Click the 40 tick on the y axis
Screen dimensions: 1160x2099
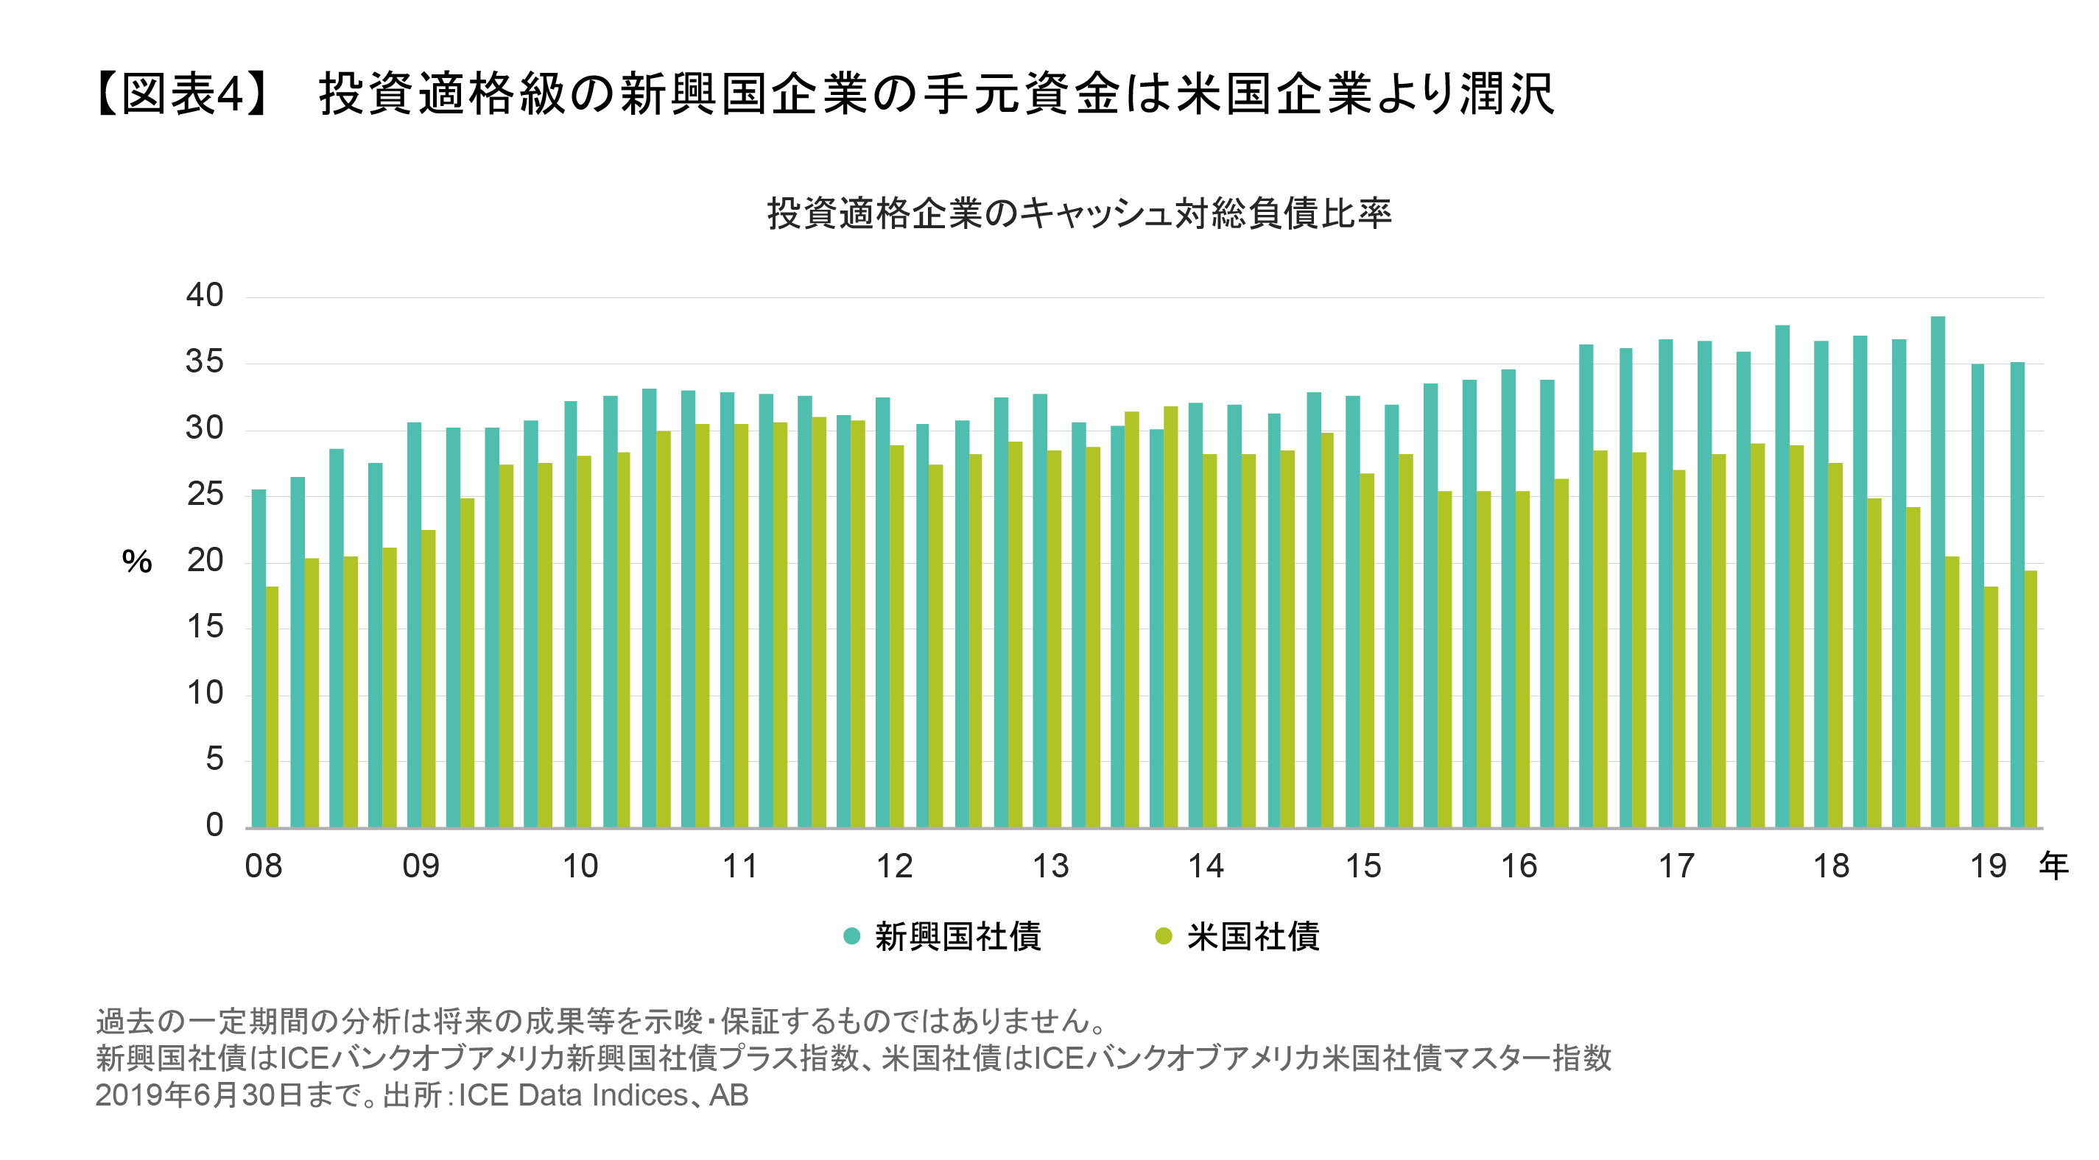pos(205,295)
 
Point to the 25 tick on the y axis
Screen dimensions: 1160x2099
pos(205,494)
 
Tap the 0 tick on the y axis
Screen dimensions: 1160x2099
pos(214,824)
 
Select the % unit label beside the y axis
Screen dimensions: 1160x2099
pos(137,562)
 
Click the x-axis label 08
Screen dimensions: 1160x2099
pos(263,866)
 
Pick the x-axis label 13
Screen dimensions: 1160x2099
pos(1050,866)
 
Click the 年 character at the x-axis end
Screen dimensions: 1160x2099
pos(2053,866)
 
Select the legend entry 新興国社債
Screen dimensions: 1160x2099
pos(957,937)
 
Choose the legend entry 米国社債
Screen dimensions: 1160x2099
pos(1252,937)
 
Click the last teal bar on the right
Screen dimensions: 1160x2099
pos(2017,595)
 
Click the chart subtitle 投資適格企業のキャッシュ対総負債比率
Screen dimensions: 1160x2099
pos(1079,213)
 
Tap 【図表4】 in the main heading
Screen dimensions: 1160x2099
pos(181,93)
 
